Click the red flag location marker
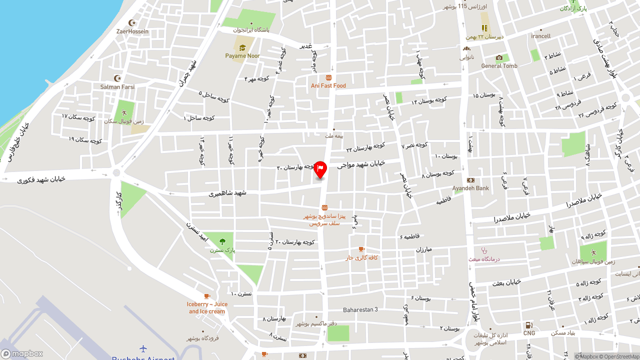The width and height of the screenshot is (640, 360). (x=320, y=169)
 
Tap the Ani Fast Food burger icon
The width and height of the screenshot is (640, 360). (x=328, y=78)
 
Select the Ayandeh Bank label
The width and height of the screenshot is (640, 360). (x=470, y=188)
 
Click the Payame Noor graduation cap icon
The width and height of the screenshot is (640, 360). (x=242, y=48)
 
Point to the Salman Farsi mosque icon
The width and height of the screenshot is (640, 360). (x=117, y=78)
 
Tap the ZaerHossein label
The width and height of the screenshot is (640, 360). (x=132, y=31)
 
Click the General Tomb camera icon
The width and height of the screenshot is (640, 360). (x=499, y=58)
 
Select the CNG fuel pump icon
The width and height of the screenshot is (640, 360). (x=528, y=325)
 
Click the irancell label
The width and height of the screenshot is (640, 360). (x=540, y=36)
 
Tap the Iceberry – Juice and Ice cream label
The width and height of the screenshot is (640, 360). (x=207, y=307)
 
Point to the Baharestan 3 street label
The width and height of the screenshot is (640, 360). (x=360, y=309)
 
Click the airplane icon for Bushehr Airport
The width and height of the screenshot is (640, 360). (x=143, y=348)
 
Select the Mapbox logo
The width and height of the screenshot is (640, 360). (x=22, y=353)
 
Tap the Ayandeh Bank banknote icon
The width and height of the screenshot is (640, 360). (x=470, y=180)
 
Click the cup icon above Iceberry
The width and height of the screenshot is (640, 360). (x=207, y=296)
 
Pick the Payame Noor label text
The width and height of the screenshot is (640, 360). (x=242, y=56)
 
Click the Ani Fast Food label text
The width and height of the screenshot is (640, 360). (x=328, y=86)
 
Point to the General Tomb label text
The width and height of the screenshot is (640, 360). (x=499, y=66)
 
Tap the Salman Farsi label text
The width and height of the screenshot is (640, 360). (x=117, y=87)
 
